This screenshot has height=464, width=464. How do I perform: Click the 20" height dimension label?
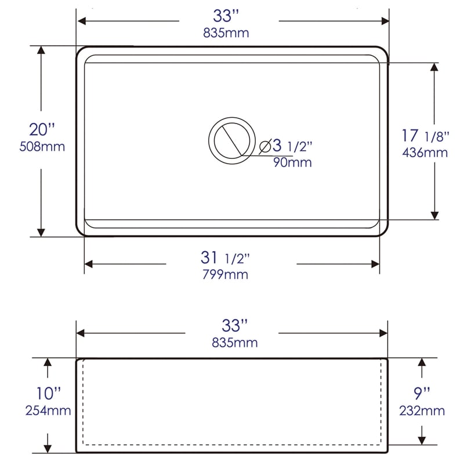point(41,129)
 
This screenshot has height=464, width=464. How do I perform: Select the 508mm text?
point(41,146)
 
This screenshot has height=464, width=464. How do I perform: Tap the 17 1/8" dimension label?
point(425,136)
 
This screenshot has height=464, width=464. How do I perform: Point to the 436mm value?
point(425,153)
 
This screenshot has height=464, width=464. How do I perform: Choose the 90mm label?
point(292,162)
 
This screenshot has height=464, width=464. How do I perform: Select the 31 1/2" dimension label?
point(231,257)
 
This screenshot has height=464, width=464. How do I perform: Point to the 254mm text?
point(48,411)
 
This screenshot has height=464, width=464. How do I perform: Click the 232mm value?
point(422,411)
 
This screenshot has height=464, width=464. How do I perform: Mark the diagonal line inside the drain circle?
point(230,140)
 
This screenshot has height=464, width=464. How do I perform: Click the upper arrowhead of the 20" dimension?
point(41,50)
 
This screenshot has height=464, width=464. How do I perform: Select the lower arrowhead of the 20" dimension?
point(41,231)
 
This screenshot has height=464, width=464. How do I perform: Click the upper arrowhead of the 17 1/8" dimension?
point(434,67)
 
